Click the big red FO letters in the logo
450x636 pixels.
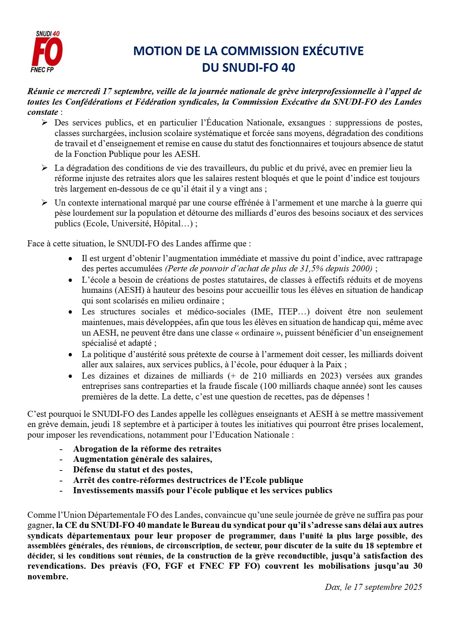pos(47,52)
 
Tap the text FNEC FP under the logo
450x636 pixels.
pos(42,70)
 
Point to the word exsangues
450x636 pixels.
pos(307,123)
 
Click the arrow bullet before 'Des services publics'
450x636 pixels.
pos(44,123)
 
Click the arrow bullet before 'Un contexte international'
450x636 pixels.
pos(44,203)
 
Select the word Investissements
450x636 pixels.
pos(104,491)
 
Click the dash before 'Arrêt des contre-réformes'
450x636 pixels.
pos(61,480)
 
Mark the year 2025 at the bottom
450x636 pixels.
pos(413,587)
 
